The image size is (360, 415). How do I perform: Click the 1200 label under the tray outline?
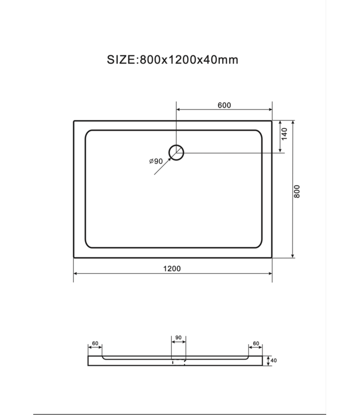pos(173,268)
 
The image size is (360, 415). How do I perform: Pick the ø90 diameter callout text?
pos(156,161)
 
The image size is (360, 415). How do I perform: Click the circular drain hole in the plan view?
pos(177,152)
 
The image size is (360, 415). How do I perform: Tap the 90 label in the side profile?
pos(179,336)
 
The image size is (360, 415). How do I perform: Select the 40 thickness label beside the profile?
pos(273,361)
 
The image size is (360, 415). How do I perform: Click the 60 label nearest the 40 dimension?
pos(256,344)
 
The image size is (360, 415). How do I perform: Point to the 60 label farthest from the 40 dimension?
pos(95,344)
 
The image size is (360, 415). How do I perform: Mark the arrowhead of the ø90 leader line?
pos(169,159)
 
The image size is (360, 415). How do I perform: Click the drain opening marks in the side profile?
pos(179,362)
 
